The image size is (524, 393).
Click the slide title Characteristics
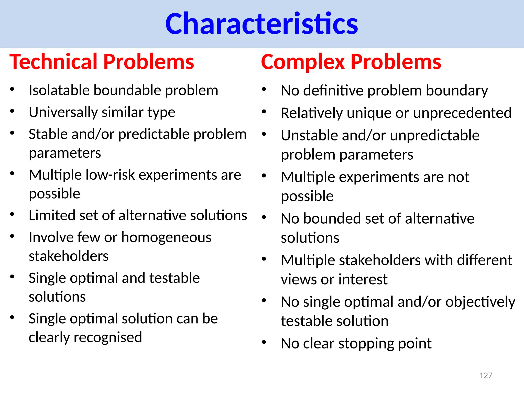point(261,24)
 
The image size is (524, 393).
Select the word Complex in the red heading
point(303,62)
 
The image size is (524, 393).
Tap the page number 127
point(486,375)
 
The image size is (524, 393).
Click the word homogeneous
point(166,237)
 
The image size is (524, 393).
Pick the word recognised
point(107,337)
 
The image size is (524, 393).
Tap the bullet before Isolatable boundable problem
point(12,89)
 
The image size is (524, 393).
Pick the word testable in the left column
point(174,278)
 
